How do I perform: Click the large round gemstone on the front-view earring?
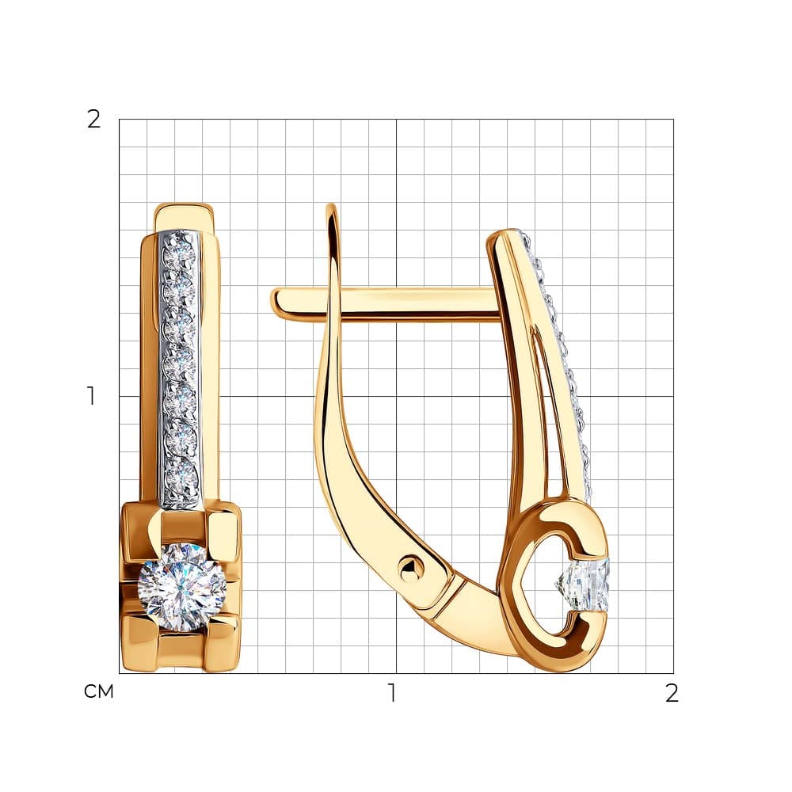tap(182, 587)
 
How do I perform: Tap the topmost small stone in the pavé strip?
tap(179, 252)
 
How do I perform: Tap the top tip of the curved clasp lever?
tap(331, 207)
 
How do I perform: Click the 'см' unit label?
tap(99, 691)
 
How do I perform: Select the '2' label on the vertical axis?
tap(94, 120)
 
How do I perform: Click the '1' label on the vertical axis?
tap(91, 396)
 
